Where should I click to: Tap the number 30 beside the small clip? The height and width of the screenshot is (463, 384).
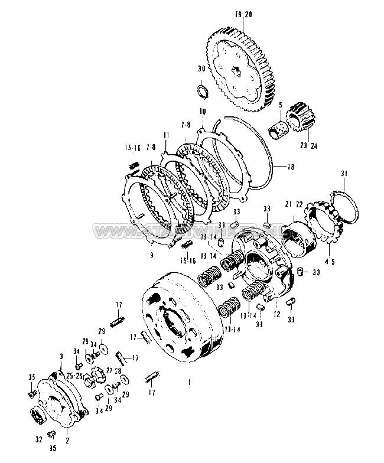click(x=202, y=69)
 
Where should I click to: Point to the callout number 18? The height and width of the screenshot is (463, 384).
click(x=290, y=167)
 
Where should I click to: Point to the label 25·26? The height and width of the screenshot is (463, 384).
click(x=74, y=376)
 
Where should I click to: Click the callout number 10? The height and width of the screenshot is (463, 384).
click(x=203, y=112)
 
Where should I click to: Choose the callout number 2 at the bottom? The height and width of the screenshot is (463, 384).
click(x=67, y=440)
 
